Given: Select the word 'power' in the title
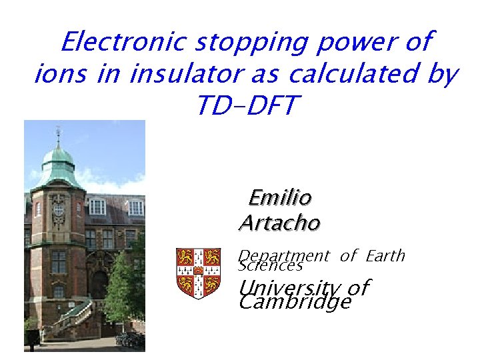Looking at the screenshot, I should point(361,43).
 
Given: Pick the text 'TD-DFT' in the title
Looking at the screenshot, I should point(245,105).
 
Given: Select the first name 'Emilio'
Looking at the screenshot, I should point(279,197).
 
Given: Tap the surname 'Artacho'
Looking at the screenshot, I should point(279,223).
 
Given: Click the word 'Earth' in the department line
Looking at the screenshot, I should point(385,256).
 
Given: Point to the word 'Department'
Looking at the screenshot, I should point(284,256).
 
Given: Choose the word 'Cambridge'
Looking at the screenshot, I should point(294,303).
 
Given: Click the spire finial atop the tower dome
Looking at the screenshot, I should point(58,133).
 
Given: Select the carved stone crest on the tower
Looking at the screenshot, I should point(59,210).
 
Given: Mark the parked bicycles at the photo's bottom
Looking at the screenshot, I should point(129,339).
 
